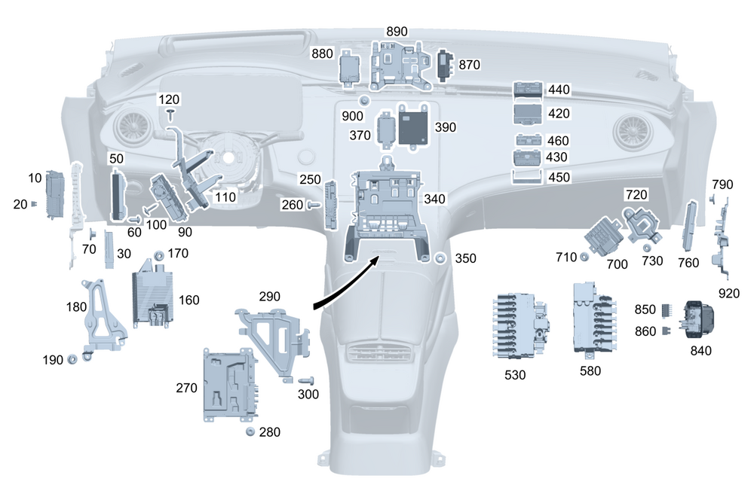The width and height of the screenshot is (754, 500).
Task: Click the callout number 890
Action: click(x=397, y=32)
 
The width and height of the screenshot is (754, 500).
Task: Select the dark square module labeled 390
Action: click(x=413, y=125)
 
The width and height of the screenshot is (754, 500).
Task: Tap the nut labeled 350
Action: click(x=440, y=258)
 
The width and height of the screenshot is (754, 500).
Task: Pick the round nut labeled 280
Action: click(x=250, y=431)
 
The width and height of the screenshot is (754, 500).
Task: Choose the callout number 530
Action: click(x=515, y=374)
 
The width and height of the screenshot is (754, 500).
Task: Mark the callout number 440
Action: click(x=559, y=90)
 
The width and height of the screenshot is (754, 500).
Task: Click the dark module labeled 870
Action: click(x=446, y=65)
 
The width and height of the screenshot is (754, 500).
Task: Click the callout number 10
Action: click(x=35, y=178)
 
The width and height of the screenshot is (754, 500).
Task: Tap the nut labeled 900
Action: click(x=365, y=101)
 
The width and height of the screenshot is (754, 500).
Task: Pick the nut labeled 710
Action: click(x=584, y=257)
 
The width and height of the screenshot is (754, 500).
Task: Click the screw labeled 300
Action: click(x=306, y=381)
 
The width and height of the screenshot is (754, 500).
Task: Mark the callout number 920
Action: click(x=729, y=292)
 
